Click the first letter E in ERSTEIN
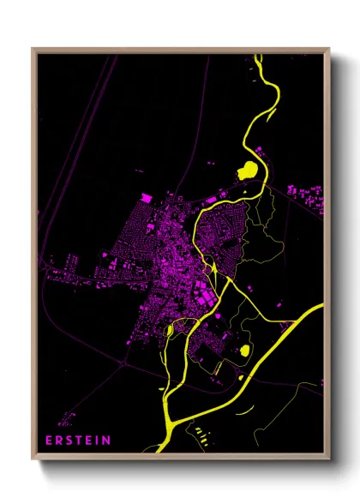(x=49, y=441)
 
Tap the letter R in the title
(x=59, y=441)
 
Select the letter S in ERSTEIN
(x=69, y=441)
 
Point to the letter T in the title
(x=80, y=441)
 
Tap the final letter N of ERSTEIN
(x=106, y=441)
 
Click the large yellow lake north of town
(x=247, y=169)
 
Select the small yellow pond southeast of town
(x=244, y=350)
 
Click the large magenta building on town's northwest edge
(x=147, y=199)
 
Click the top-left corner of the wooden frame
(x=33, y=49)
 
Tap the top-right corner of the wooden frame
(x=329, y=49)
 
